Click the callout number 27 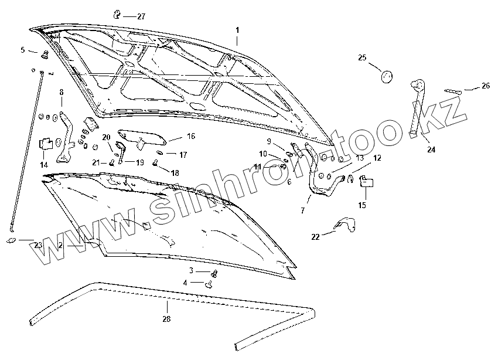point(141,16)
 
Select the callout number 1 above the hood point(237,30)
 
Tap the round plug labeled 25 point(387,76)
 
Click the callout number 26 point(485,86)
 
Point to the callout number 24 point(431,150)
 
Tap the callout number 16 point(191,136)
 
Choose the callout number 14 point(44,165)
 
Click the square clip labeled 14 point(46,144)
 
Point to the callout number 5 point(23,50)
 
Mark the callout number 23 point(37,245)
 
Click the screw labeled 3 point(214,273)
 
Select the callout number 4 point(185,283)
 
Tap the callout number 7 point(303,210)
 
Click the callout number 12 point(377,158)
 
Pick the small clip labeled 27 point(117,14)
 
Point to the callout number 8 point(61,92)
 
